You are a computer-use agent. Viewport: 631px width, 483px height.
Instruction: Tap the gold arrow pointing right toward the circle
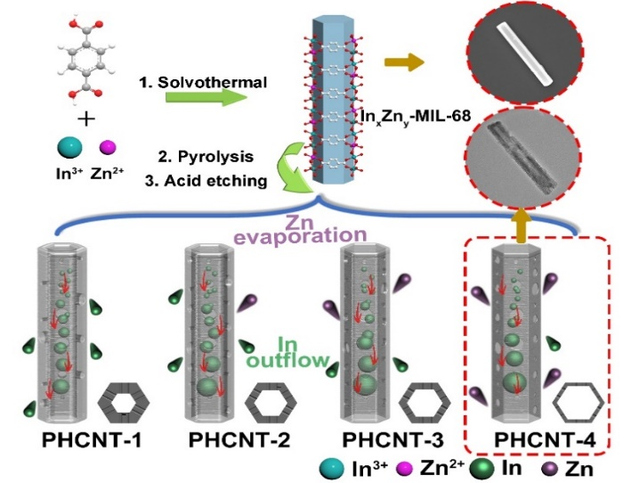click(404, 62)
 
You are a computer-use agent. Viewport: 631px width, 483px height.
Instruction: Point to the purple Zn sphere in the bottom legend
click(548, 465)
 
